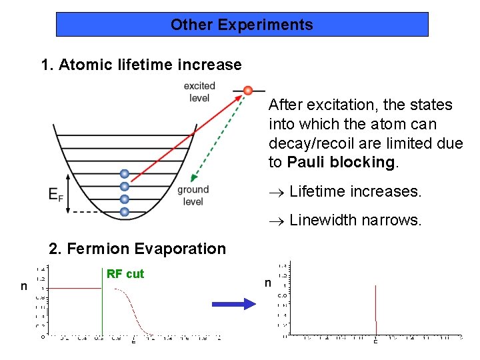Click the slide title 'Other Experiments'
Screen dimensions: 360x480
point(241,25)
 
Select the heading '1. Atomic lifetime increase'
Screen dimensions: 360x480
point(141,65)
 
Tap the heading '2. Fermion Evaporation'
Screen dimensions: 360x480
point(137,249)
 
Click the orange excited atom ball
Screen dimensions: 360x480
point(248,90)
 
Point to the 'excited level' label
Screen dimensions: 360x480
point(199,92)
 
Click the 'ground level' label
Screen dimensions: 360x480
point(193,195)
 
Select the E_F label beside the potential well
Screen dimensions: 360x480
point(56,195)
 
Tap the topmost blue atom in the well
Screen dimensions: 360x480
point(124,174)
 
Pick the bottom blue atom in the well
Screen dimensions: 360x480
point(124,212)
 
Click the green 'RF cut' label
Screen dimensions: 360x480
point(125,274)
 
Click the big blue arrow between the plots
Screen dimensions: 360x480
point(234,304)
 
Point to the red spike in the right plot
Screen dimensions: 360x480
point(377,310)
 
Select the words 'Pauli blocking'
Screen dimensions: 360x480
point(341,162)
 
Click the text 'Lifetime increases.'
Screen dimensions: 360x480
point(356,192)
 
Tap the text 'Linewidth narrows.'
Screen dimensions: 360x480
point(356,220)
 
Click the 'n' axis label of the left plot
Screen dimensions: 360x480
point(23,287)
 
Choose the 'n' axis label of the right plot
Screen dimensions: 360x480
point(268,283)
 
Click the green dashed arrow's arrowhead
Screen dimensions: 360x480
point(193,177)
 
